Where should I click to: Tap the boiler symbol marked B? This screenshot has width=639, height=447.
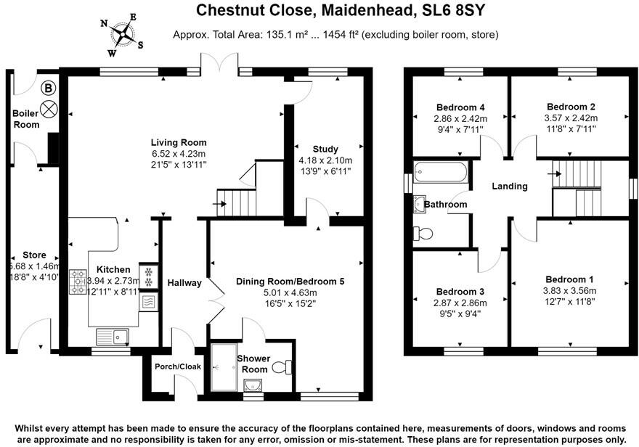(x=48, y=89)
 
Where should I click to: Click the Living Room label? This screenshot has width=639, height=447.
(x=179, y=142)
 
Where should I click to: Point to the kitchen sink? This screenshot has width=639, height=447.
(x=112, y=335)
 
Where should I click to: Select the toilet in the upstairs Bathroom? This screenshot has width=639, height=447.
(x=423, y=234)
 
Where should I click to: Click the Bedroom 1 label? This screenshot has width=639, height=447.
(x=570, y=279)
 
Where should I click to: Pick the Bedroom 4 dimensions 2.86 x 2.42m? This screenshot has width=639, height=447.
(x=460, y=119)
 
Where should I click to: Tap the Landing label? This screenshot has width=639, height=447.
(x=510, y=186)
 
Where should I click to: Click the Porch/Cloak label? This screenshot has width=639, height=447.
(x=178, y=366)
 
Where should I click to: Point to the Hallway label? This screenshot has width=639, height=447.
(x=184, y=282)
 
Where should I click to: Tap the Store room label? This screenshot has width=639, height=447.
(x=34, y=255)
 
